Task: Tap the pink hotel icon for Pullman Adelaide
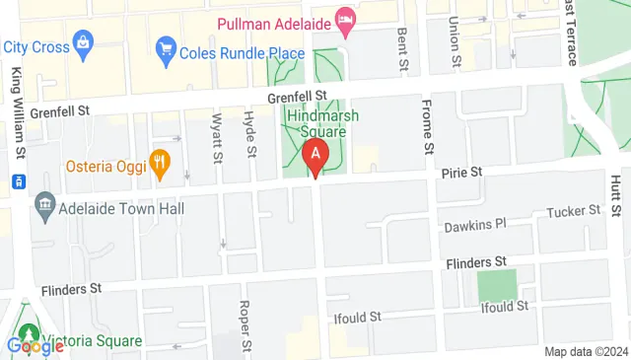[x=344, y=18]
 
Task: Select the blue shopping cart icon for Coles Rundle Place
[x=166, y=47]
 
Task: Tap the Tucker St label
[x=575, y=210]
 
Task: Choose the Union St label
[x=455, y=39]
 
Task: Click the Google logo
[x=35, y=346]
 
